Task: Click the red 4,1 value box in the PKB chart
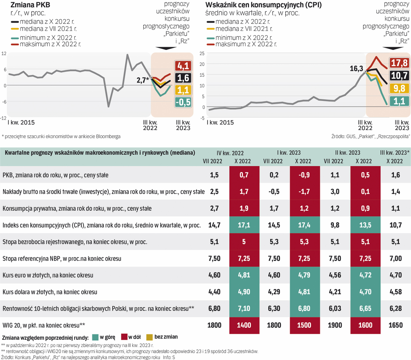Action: pyautogui.click(x=183, y=66)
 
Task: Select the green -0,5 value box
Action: pyautogui.click(x=183, y=102)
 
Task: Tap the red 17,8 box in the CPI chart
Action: pyautogui.click(x=399, y=63)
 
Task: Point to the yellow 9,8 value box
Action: pyautogui.click(x=399, y=88)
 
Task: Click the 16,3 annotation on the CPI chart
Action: pyautogui.click(x=356, y=69)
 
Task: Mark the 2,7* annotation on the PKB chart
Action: pyautogui.click(x=143, y=80)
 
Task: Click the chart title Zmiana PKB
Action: pyautogui.click(x=30, y=5)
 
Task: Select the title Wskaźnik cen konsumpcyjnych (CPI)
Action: pyautogui.click(x=263, y=5)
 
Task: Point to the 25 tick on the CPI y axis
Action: pyautogui.click(x=202, y=53)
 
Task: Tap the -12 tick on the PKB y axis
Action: pyautogui.click(x=3, y=118)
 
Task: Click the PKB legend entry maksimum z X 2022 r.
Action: pyautogui.click(x=50, y=44)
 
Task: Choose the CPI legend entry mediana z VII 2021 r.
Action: pyautogui.click(x=244, y=29)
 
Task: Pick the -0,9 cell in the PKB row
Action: pyautogui.click(x=305, y=175)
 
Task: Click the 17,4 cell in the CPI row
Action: pyautogui.click(x=304, y=225)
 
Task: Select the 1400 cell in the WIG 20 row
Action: pyautogui.click(x=244, y=325)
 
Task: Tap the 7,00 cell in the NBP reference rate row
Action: pyautogui.click(x=395, y=258)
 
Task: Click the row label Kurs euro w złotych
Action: pyautogui.click(x=48, y=275)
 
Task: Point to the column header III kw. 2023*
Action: pyautogui.click(x=395, y=153)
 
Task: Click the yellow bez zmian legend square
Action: pyautogui.click(x=149, y=337)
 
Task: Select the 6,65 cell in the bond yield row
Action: pyautogui.click(x=365, y=308)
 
